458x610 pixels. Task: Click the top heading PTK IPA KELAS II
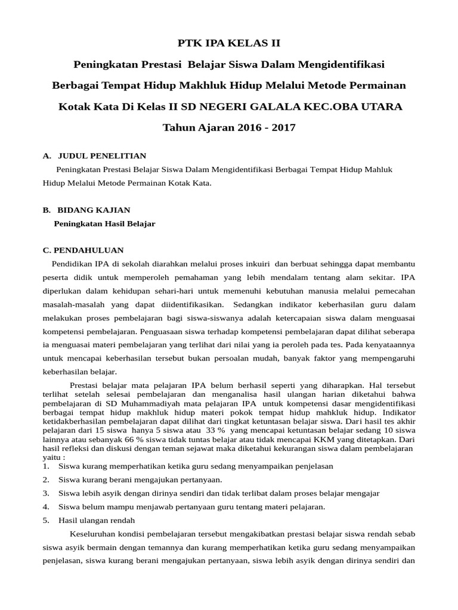tap(229, 43)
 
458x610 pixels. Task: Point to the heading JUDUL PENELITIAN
tap(102, 156)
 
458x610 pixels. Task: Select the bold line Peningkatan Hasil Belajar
tap(104, 223)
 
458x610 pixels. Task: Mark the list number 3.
tap(46, 493)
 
